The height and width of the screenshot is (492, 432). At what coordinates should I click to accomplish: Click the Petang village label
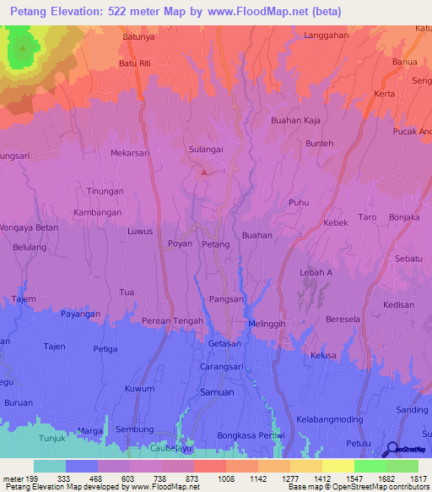coord(216,244)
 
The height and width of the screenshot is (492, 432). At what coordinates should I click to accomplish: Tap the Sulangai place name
coord(206,148)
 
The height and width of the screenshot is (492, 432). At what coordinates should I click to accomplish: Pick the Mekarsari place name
coord(129,154)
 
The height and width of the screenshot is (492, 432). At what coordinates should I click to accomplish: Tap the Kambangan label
coord(99,212)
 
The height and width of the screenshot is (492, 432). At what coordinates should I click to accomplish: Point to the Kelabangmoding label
coord(329,420)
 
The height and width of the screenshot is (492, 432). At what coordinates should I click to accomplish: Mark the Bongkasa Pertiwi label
coord(251,435)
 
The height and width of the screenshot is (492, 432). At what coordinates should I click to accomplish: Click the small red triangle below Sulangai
coord(202,172)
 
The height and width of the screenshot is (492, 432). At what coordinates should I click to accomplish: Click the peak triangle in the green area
coord(23,47)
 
